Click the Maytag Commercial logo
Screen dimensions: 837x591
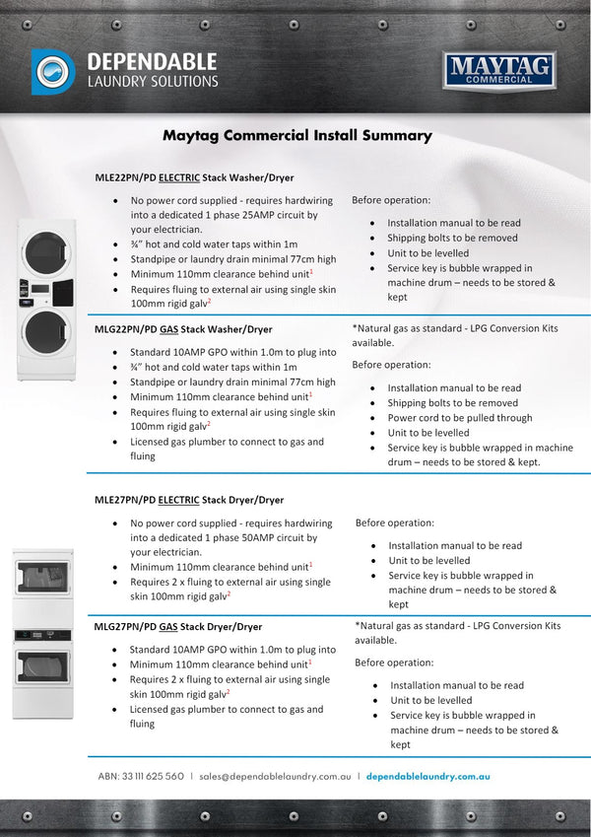pos(498,71)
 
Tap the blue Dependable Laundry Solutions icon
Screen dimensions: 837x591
pos(51,71)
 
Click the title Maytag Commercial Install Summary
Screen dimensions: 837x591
pos(296,136)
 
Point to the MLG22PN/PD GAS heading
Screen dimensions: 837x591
pos(183,329)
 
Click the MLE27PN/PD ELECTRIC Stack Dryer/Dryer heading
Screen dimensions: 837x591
pos(189,500)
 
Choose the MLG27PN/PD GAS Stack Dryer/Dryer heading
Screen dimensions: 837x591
pos(177,626)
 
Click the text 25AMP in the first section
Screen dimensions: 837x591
pos(250,215)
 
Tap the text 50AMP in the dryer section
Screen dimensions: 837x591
pos(250,538)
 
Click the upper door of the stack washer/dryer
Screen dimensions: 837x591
pos(45,253)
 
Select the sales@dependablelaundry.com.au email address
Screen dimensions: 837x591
pos(275,777)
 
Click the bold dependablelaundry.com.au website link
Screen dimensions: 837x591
pos(427,777)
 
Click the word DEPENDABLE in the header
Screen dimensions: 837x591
pos(152,61)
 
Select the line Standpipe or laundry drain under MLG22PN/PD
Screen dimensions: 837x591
pos(232,382)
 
